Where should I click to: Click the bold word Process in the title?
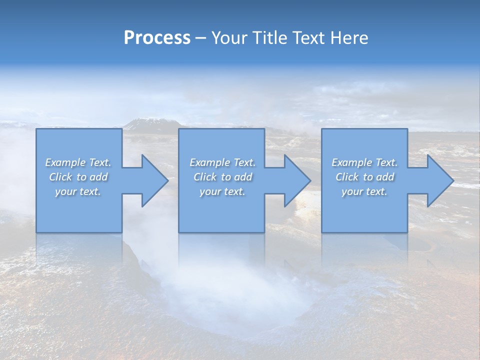157,38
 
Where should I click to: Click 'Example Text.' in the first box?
78,162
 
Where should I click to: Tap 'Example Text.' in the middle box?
222,162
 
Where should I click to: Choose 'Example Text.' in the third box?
364,162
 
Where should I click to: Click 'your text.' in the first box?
78,191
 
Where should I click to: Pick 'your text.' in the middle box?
222,191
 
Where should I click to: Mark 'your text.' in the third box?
364,191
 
